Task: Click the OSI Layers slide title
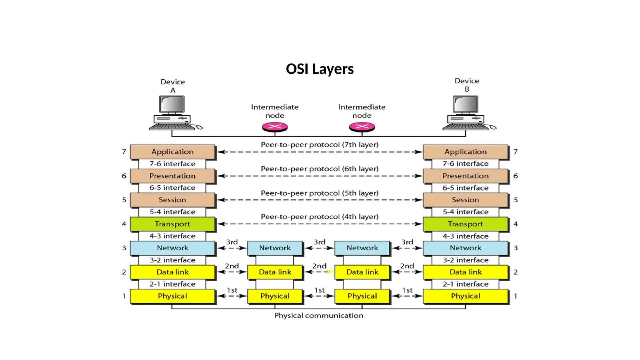point(320,69)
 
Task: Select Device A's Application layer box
point(172,152)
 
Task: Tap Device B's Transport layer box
point(465,224)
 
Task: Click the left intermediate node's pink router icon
point(275,127)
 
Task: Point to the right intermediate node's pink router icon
point(362,127)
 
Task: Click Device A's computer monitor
point(172,104)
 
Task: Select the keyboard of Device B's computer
point(465,127)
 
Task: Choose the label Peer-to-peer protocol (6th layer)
point(319,169)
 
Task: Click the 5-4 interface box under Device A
point(172,212)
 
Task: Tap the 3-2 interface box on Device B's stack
point(465,260)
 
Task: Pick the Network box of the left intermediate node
point(275,248)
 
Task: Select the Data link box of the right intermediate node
point(362,272)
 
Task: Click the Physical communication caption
point(319,316)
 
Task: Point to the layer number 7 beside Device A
point(124,152)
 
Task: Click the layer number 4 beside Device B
point(516,224)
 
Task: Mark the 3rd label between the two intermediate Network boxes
point(319,242)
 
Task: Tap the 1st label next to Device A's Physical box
point(232,290)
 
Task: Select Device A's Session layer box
point(172,200)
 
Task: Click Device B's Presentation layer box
point(465,176)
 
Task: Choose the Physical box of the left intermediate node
point(275,296)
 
